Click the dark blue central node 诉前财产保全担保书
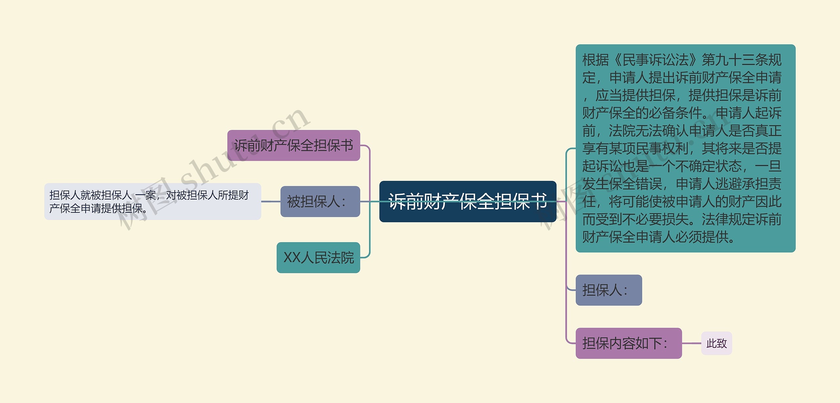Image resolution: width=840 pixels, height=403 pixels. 468,201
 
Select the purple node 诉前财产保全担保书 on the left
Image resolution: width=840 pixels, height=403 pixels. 294,145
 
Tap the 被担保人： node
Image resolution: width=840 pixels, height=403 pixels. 320,201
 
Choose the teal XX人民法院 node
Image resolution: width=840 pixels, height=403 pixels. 318,258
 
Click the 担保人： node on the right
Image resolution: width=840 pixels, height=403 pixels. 609,290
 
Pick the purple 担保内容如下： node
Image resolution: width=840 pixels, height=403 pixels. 628,343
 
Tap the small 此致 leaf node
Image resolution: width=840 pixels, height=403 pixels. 717,343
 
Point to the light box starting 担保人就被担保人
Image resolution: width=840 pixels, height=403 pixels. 153,201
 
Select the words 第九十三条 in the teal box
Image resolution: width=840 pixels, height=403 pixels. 735,60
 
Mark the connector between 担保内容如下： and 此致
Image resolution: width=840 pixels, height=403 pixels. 691,343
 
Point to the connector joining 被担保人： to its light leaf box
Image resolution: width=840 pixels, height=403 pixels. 271,201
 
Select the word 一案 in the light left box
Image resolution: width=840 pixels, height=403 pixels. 145,195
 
